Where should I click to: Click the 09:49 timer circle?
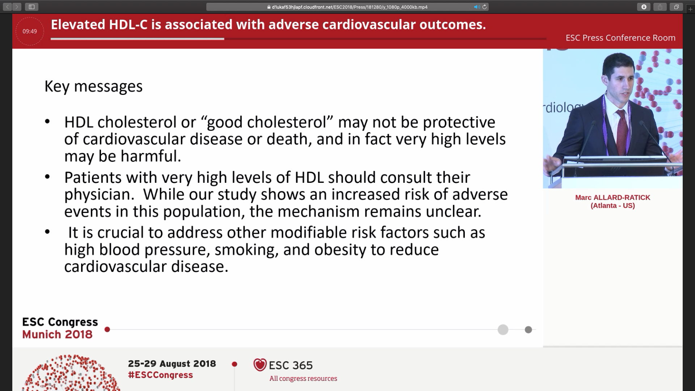(30, 31)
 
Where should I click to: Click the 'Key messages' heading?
(93, 86)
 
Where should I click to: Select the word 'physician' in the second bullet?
(97, 195)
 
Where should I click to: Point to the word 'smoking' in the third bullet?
(246, 250)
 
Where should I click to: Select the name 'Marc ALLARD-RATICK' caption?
(612, 198)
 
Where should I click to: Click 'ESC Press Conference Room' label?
(620, 38)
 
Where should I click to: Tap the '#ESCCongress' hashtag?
(160, 375)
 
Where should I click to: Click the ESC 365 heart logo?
(260, 365)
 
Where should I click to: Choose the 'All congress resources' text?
(303, 379)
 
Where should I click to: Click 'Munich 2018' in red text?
(57, 335)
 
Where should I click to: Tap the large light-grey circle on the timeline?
(503, 329)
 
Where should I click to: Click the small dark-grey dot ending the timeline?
(528, 329)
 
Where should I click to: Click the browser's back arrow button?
(8, 7)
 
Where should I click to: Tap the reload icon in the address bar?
(484, 7)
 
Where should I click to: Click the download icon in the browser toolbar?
(643, 7)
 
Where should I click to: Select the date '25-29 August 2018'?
(172, 364)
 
